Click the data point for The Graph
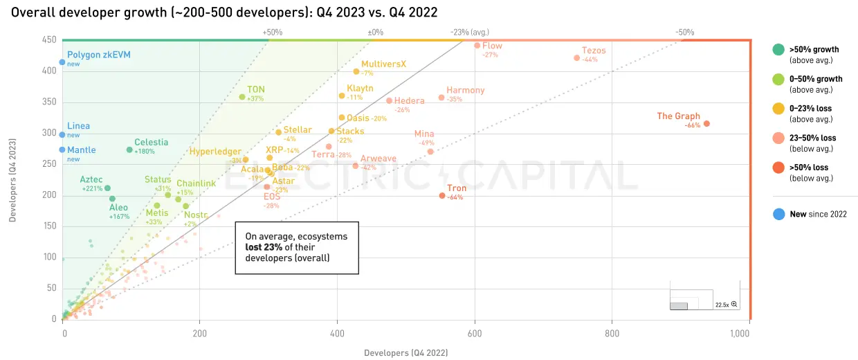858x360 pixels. [x=706, y=124]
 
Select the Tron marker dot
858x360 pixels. [x=442, y=196]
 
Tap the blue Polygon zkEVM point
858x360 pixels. [x=62, y=62]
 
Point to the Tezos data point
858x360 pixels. [x=576, y=58]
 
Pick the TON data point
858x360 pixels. [x=241, y=97]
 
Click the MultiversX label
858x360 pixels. [x=383, y=64]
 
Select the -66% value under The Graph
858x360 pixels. [x=692, y=126]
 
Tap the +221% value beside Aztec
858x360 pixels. [x=92, y=188]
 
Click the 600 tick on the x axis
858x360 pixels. [x=474, y=333]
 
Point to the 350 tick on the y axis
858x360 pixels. [x=48, y=102]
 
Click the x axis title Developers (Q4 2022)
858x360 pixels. [x=405, y=353]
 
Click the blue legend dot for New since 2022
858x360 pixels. [x=778, y=215]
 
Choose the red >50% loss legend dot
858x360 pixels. [x=778, y=168]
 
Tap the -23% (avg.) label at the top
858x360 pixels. [x=468, y=32]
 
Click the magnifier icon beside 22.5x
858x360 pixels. [x=734, y=305]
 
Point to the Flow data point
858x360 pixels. [x=477, y=46]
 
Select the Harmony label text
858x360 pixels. [x=465, y=90]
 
